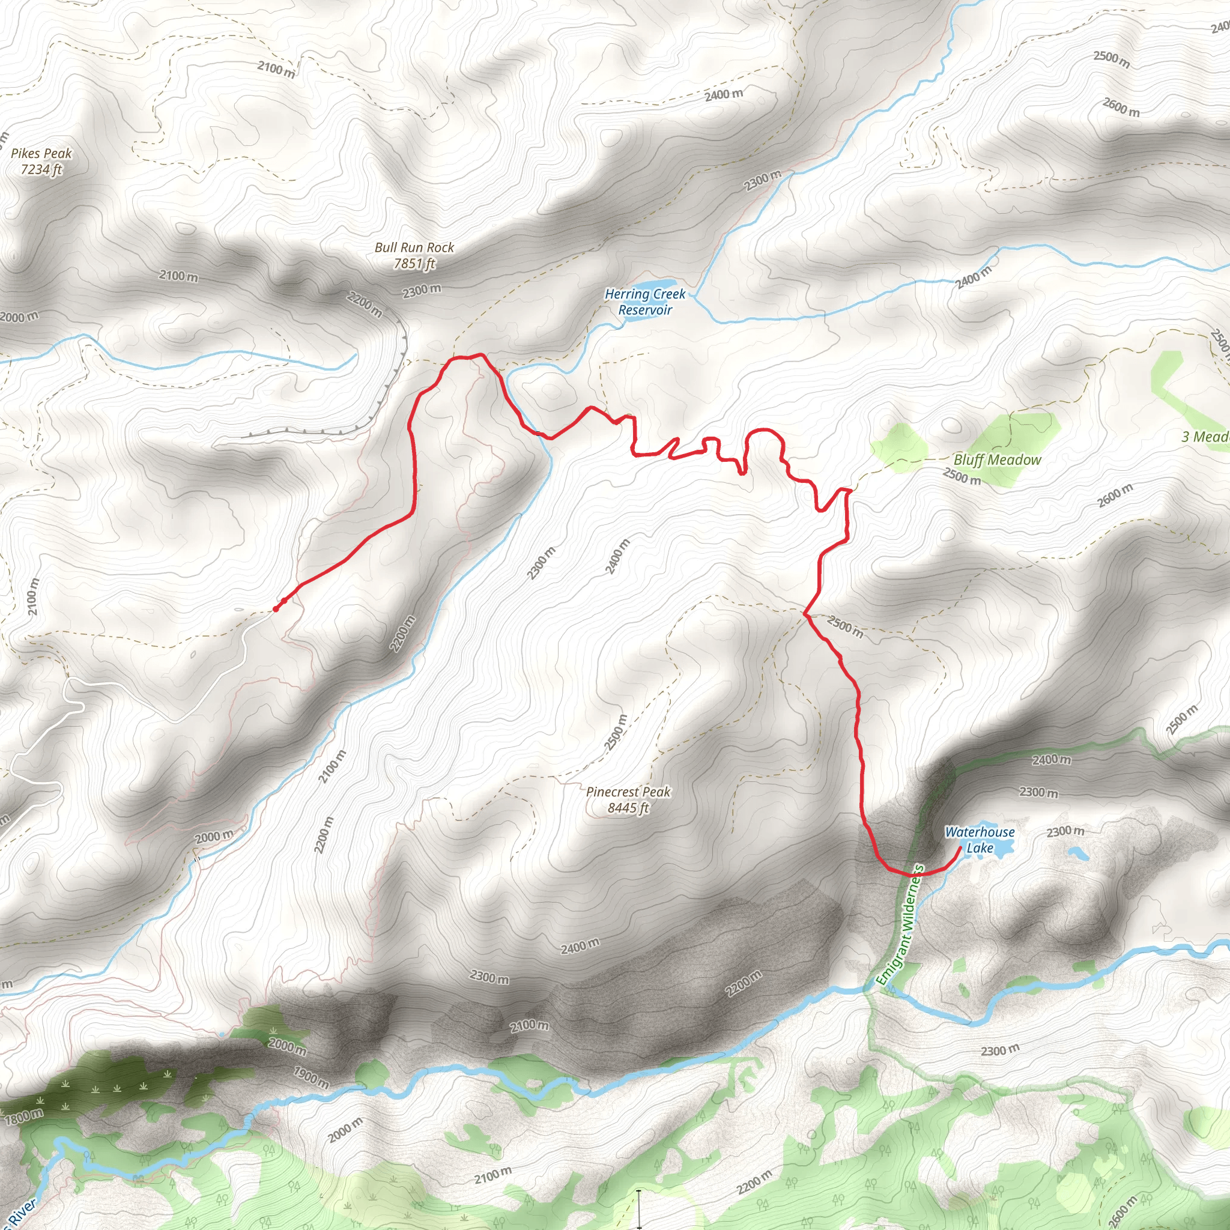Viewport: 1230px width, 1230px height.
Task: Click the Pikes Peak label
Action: click(41, 153)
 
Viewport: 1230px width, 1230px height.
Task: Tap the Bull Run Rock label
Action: click(414, 247)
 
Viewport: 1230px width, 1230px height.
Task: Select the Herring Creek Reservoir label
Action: click(645, 301)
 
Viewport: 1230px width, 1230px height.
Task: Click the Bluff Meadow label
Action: click(997, 459)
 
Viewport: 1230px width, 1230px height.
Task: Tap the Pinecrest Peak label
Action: click(628, 792)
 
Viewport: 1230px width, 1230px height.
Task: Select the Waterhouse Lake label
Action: click(979, 840)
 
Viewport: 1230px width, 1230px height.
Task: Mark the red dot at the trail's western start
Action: click(276, 608)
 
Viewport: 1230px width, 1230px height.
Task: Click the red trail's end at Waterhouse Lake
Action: click(960, 847)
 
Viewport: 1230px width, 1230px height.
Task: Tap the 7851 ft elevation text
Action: click(414, 264)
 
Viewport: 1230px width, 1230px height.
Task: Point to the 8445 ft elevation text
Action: click(628, 808)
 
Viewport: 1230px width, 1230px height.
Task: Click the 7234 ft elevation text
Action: click(41, 169)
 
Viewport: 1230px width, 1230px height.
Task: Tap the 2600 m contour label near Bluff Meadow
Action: click(1115, 495)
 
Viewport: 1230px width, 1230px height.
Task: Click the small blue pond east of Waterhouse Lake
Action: click(1076, 852)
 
